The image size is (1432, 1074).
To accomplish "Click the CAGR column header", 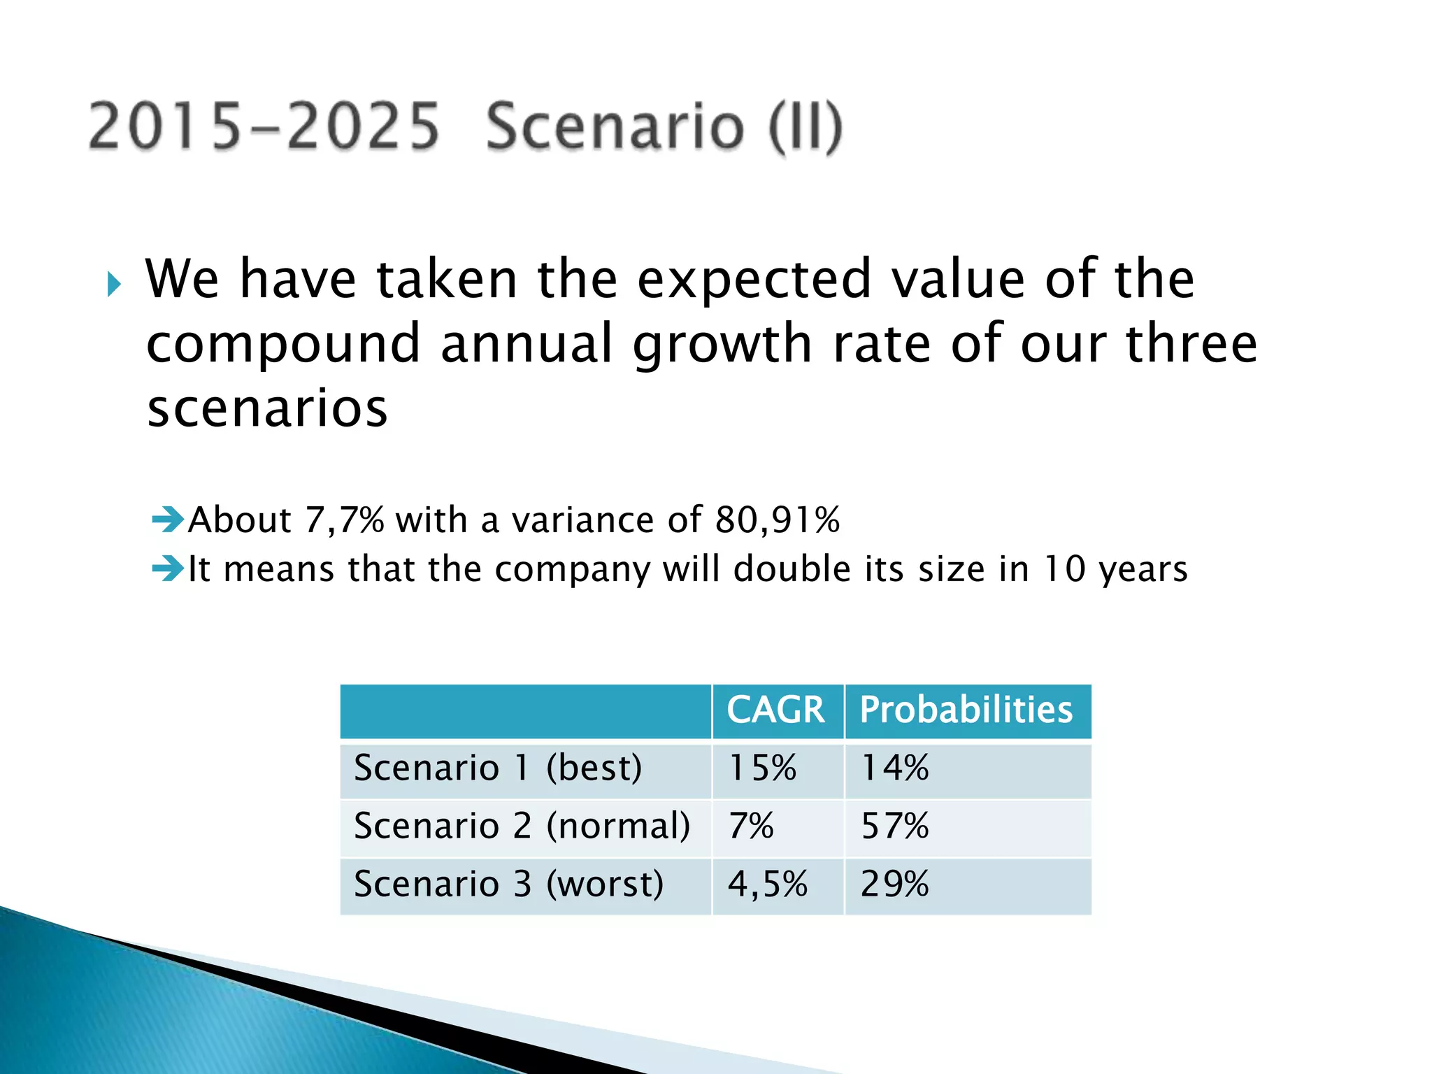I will pyautogui.click(x=775, y=710).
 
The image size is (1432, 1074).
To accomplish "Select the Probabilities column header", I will pyautogui.click(x=966, y=710).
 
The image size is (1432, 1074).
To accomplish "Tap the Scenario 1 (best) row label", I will pyautogui.click(x=498, y=768).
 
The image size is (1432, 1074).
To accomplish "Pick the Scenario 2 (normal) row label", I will pyautogui.click(x=522, y=826).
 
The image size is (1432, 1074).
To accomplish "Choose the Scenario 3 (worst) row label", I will pyautogui.click(x=508, y=885).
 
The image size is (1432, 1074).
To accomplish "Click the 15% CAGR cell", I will pyautogui.click(x=762, y=768).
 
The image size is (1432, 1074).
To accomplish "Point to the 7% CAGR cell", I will pyautogui.click(x=751, y=826).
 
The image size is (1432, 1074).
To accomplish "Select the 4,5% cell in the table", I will pyautogui.click(x=768, y=885).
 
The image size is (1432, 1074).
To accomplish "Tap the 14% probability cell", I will pyautogui.click(x=894, y=768).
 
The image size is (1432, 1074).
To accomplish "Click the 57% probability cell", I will pyautogui.click(x=894, y=826).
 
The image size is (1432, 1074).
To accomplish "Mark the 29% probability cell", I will pyautogui.click(x=894, y=885).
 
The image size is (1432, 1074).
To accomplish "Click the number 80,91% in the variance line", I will pyautogui.click(x=778, y=520).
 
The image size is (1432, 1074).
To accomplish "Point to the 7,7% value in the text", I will pyautogui.click(x=345, y=520).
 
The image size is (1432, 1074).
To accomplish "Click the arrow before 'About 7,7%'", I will pyautogui.click(x=168, y=520).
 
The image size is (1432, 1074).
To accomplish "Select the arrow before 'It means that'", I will pyautogui.click(x=168, y=568).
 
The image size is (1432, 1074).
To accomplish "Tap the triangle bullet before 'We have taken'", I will pyautogui.click(x=114, y=285).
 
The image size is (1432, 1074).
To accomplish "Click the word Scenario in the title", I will pyautogui.click(x=615, y=127).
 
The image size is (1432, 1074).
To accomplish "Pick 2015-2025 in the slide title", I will pyautogui.click(x=264, y=127).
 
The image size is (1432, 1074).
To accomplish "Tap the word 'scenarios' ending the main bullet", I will pyautogui.click(x=267, y=409).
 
